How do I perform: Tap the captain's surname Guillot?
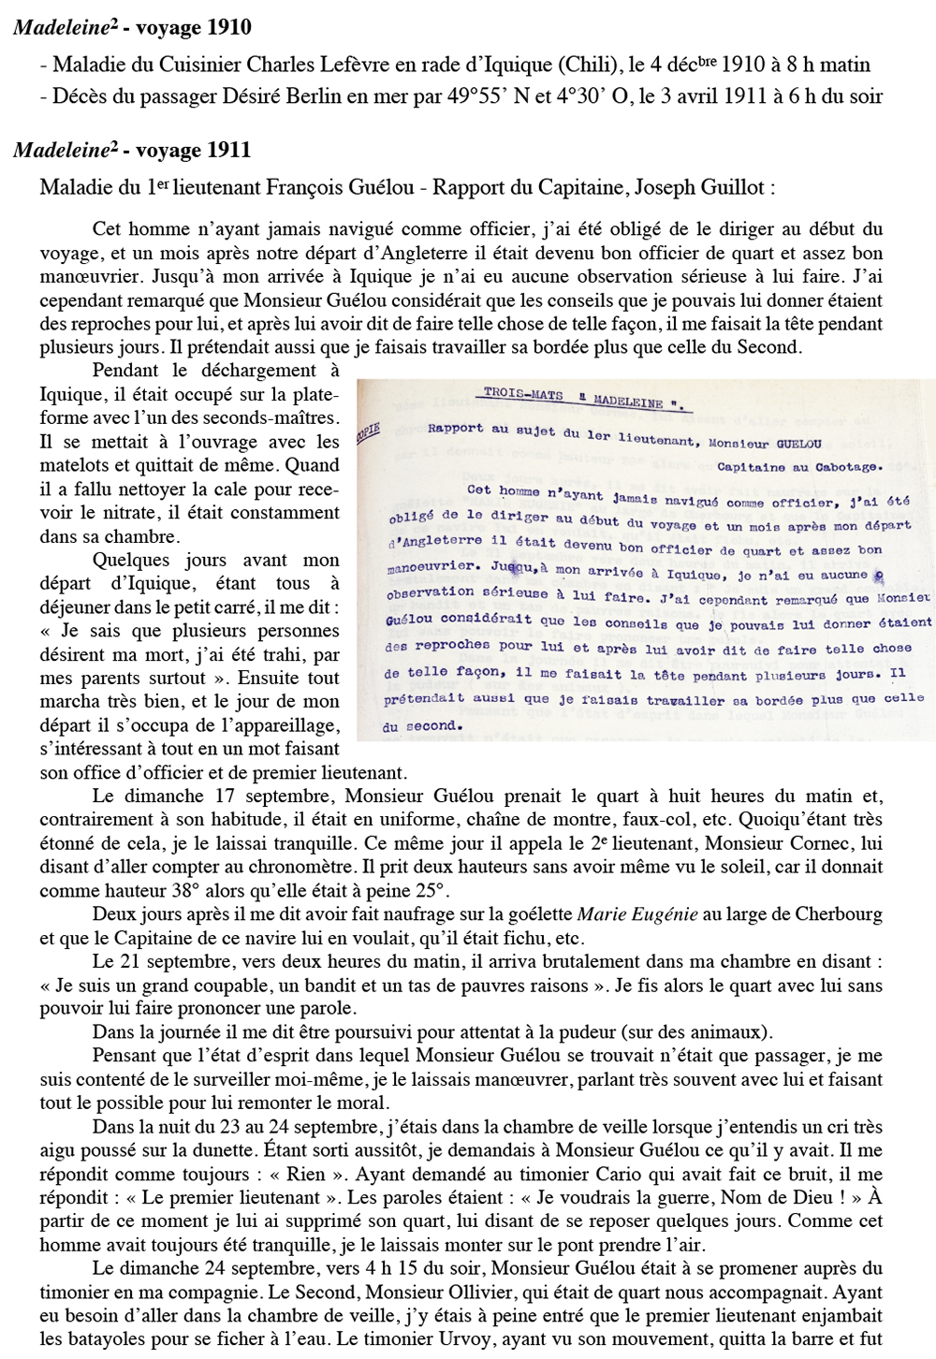[x=735, y=187]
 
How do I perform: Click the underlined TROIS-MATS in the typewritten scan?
[x=523, y=394]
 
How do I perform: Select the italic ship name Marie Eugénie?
[x=636, y=914]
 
